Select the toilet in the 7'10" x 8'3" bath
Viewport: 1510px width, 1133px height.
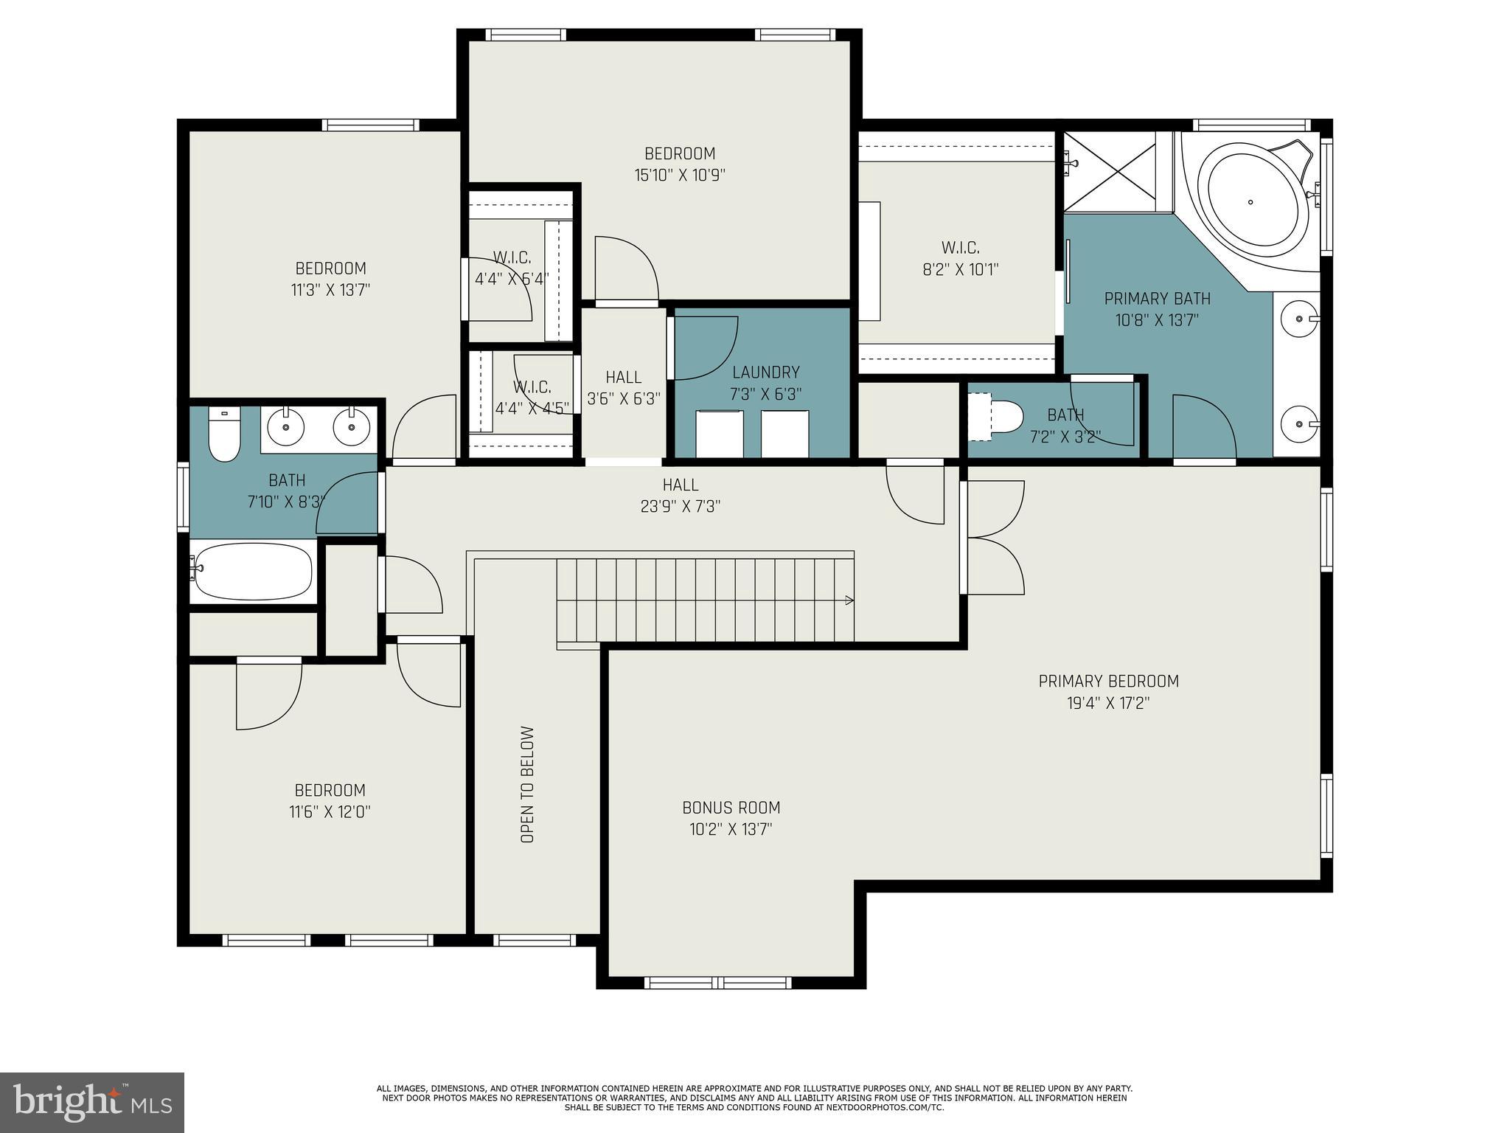(224, 435)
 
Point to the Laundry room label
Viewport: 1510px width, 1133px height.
(765, 373)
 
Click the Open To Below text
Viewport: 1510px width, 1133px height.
(527, 784)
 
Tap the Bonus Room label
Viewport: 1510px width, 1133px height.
(731, 808)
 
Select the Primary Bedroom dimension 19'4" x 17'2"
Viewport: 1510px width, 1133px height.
(1108, 703)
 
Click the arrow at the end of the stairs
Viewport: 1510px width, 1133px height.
(849, 600)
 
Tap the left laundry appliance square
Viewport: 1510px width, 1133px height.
(719, 434)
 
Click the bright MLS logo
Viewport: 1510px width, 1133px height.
(92, 1102)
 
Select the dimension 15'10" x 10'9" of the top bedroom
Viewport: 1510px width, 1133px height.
(680, 176)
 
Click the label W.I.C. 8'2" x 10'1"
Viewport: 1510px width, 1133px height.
(960, 258)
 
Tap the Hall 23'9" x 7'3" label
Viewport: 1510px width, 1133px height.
(680, 495)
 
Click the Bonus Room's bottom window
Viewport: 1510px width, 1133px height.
(717, 983)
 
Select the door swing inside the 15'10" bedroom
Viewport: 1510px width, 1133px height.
(626, 269)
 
